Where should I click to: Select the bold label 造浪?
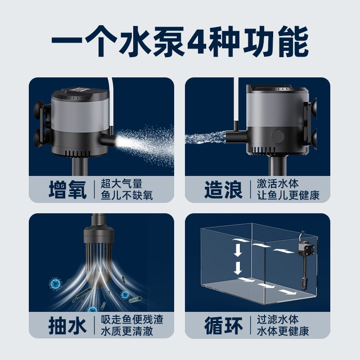click(224, 189)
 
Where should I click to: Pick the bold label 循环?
click(224, 326)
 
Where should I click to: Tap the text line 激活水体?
click(278, 184)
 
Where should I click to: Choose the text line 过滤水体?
click(278, 320)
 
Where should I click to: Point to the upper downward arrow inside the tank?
click(238, 249)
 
